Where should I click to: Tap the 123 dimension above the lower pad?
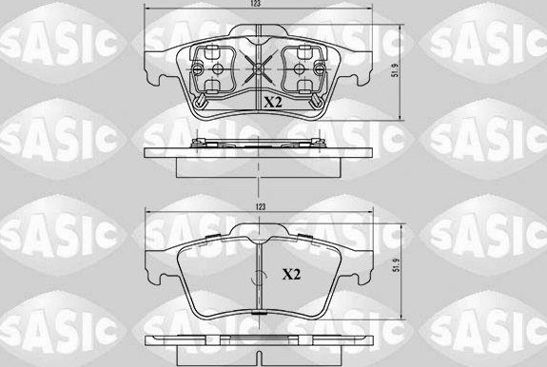tap(259, 207)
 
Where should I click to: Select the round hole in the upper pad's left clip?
tap(219, 69)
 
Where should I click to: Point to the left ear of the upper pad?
tap(156, 57)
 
